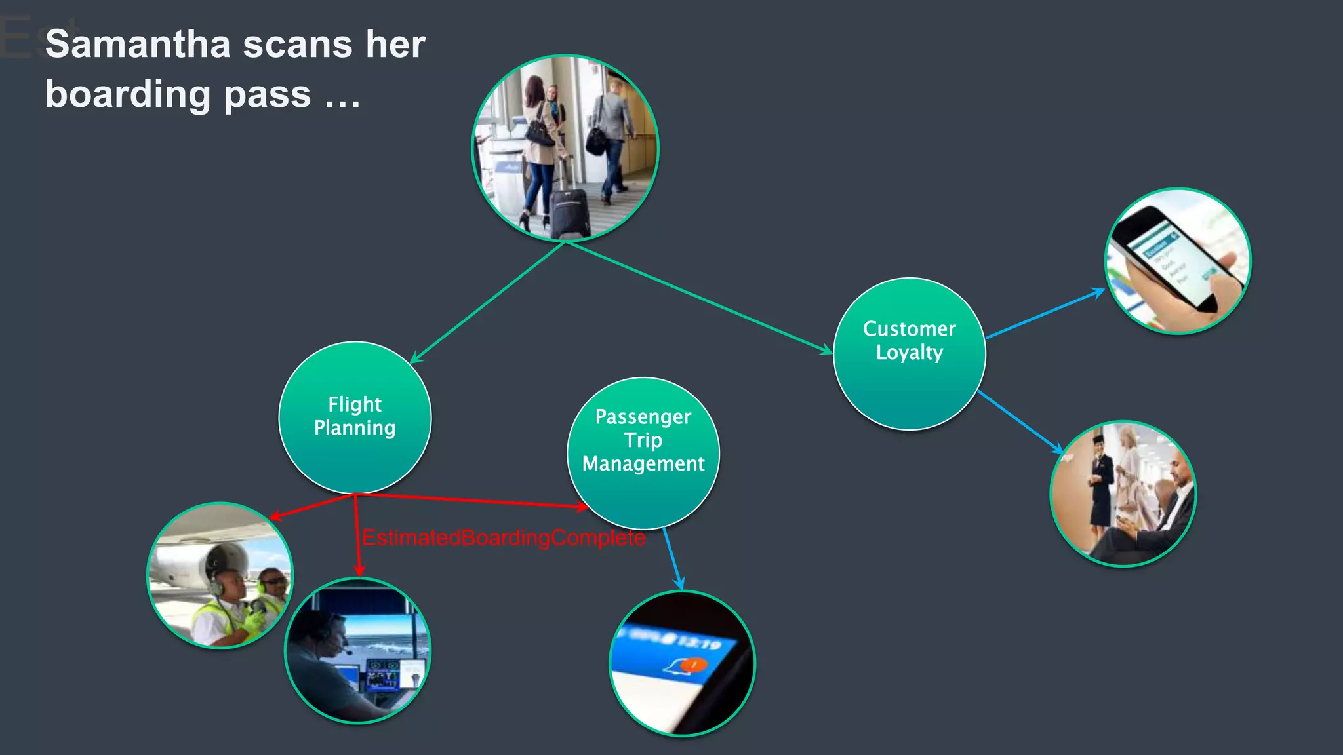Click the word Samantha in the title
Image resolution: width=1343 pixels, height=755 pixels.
138,45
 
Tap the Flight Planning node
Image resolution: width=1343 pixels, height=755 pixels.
355,417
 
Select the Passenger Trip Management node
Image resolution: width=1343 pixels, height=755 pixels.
643,452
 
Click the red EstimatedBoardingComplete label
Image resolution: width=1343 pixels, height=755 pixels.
504,538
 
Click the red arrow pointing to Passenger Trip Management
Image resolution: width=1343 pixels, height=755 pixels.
472,501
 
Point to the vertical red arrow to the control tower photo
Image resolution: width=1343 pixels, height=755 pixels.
357,535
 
